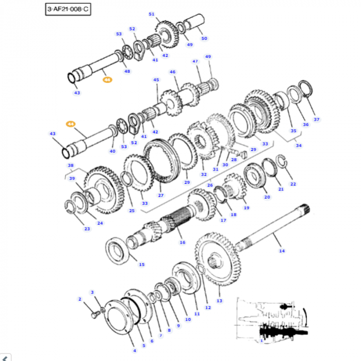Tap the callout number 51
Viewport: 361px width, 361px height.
[151, 14]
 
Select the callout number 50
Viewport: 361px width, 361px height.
[204, 39]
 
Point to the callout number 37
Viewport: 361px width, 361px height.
[316, 120]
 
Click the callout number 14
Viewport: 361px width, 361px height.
[282, 251]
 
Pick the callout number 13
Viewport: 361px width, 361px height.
[219, 301]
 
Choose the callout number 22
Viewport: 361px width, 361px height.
[293, 184]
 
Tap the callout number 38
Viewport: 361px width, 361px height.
[71, 166]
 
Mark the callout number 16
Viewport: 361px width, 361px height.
[182, 242]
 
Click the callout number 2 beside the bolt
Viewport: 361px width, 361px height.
[80, 299]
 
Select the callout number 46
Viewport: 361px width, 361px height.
[172, 72]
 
